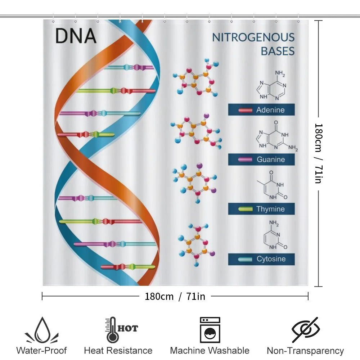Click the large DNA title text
76,36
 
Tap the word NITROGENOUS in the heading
253,37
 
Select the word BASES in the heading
278,51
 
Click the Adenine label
270,110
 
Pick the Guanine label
271,159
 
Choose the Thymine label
270,209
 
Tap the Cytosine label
271,259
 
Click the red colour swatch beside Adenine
245,111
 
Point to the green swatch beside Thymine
246,209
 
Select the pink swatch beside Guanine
245,159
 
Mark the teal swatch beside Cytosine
245,259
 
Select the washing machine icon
210,330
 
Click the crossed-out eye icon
306,330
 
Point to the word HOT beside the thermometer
128,328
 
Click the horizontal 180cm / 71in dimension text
175,296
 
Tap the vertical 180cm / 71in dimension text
319,153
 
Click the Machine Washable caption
210,351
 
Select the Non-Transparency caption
305,351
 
